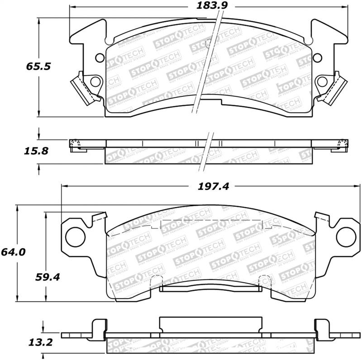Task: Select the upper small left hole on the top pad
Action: pos(100,57)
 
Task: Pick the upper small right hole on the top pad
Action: pos(317,57)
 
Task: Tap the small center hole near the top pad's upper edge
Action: pos(208,43)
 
